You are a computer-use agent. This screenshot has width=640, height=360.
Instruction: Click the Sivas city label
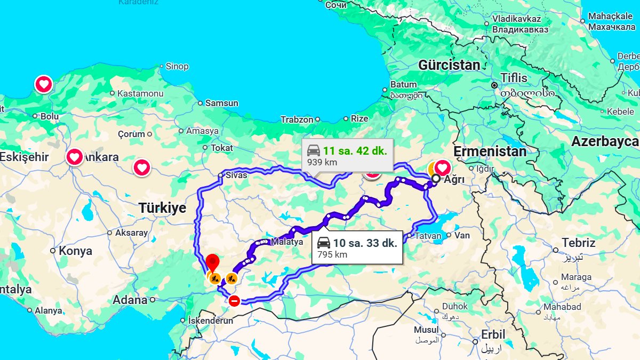coord(236,175)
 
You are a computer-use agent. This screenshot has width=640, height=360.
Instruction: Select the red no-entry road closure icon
coord(234,301)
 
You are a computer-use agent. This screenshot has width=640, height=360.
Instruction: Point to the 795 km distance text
coord(332,254)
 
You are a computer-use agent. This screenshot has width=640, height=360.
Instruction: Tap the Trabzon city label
coord(297,119)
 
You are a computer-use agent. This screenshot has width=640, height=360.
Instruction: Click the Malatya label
coord(287,242)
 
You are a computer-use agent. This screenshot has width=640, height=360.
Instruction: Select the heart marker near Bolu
coord(44,84)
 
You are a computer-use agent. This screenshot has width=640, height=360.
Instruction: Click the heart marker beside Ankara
coord(75,157)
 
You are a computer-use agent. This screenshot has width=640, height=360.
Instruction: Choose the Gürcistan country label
coord(449,66)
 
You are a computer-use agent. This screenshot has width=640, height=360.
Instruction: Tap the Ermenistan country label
coord(490,151)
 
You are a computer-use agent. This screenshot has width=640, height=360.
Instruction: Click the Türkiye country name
coord(163,208)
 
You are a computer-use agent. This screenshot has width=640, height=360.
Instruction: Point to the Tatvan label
coord(428,236)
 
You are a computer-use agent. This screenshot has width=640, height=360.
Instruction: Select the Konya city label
coord(75,251)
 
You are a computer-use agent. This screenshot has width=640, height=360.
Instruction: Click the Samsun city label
coord(222,103)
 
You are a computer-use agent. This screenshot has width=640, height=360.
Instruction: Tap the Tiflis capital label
coord(514,78)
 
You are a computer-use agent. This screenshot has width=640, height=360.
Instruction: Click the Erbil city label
coord(493,335)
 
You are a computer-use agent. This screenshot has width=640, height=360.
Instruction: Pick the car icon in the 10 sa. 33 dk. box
coord(324,243)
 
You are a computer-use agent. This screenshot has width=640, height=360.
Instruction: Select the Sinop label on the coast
coord(177,67)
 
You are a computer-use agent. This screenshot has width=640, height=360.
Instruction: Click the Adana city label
coord(130,300)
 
